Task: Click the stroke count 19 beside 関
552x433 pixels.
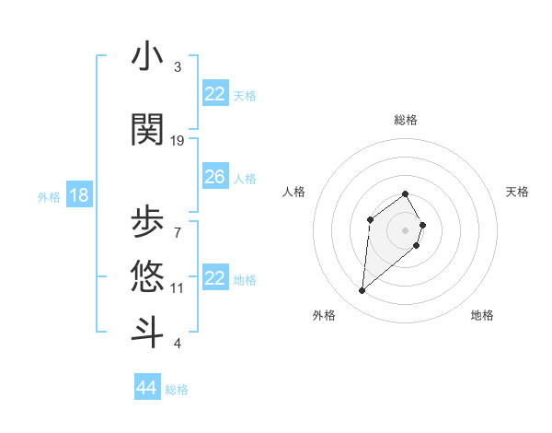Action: [178, 140]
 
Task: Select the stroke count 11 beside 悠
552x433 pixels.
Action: [178, 287]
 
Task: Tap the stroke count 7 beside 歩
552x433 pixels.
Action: [178, 231]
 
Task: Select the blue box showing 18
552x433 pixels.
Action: [78, 194]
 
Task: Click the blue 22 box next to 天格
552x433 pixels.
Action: [214, 94]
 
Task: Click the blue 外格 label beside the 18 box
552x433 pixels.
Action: [49, 196]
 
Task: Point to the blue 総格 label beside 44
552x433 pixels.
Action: [177, 390]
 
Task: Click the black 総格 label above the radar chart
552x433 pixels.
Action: [405, 120]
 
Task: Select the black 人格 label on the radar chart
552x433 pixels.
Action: [294, 192]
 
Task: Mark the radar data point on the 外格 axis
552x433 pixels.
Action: [362, 291]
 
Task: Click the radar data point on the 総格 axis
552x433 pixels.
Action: [405, 193]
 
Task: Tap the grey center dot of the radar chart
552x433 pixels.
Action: [405, 229]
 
